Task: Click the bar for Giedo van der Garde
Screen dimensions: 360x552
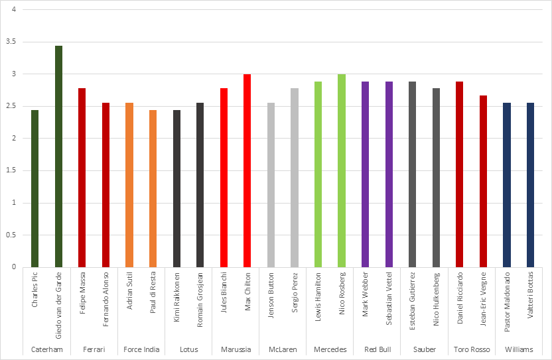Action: pyautogui.click(x=58, y=156)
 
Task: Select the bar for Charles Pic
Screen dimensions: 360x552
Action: pyautogui.click(x=35, y=189)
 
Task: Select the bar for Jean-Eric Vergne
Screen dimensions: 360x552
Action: pyautogui.click(x=483, y=182)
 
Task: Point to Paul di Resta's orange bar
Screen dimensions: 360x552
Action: pyautogui.click(x=153, y=189)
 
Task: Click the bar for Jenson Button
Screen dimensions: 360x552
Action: pyautogui.click(x=271, y=185)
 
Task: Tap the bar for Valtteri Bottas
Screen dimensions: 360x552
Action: pyautogui.click(x=530, y=185)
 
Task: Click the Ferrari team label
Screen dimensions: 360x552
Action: pyautogui.click(x=94, y=349)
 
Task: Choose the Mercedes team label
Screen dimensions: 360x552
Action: pyautogui.click(x=330, y=349)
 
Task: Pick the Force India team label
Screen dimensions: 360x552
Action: pyautogui.click(x=141, y=349)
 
